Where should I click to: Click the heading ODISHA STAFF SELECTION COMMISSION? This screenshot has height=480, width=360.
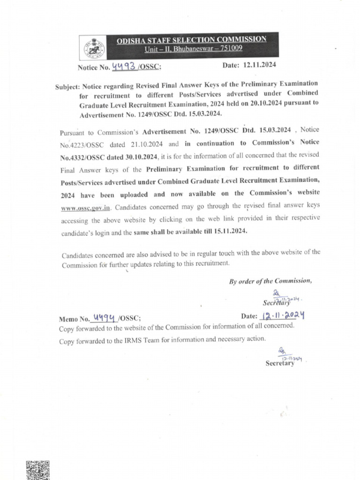pos(191,39)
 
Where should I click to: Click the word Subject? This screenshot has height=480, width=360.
pos(67,87)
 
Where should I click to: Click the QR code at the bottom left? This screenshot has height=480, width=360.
pos(37,470)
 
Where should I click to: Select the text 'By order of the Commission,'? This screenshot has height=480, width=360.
pos(270,281)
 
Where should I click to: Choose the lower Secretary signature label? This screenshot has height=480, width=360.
pos(279,363)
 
